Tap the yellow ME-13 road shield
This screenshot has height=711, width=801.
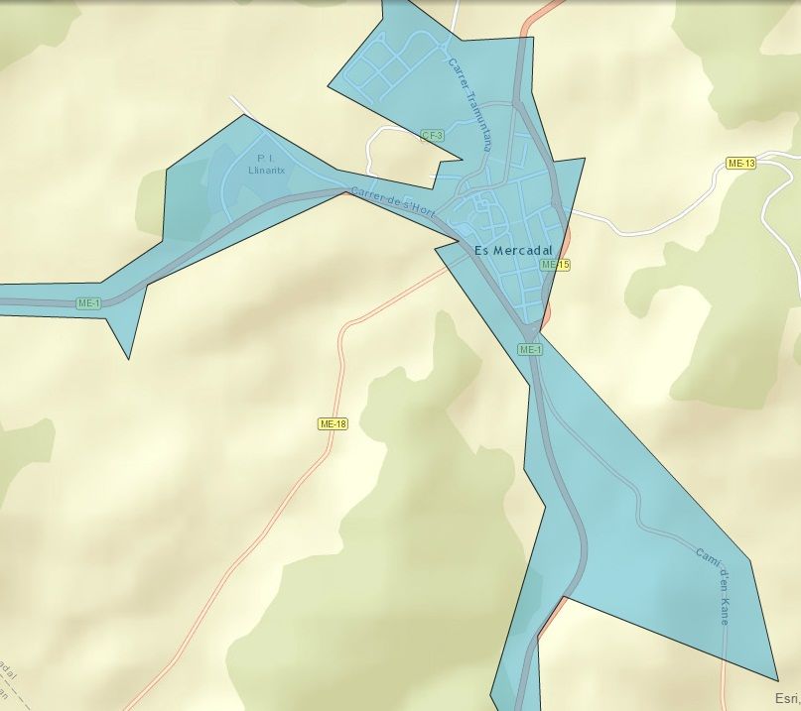(x=740, y=163)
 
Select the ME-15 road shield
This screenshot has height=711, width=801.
(x=555, y=265)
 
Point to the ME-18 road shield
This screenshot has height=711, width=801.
(x=334, y=423)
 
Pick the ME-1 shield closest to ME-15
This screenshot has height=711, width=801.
(x=530, y=350)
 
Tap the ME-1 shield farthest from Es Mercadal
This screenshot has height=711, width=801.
(x=88, y=302)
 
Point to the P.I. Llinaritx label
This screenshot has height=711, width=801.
(x=265, y=164)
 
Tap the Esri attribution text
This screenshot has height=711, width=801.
(x=787, y=698)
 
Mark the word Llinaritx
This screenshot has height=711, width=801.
(x=265, y=170)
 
